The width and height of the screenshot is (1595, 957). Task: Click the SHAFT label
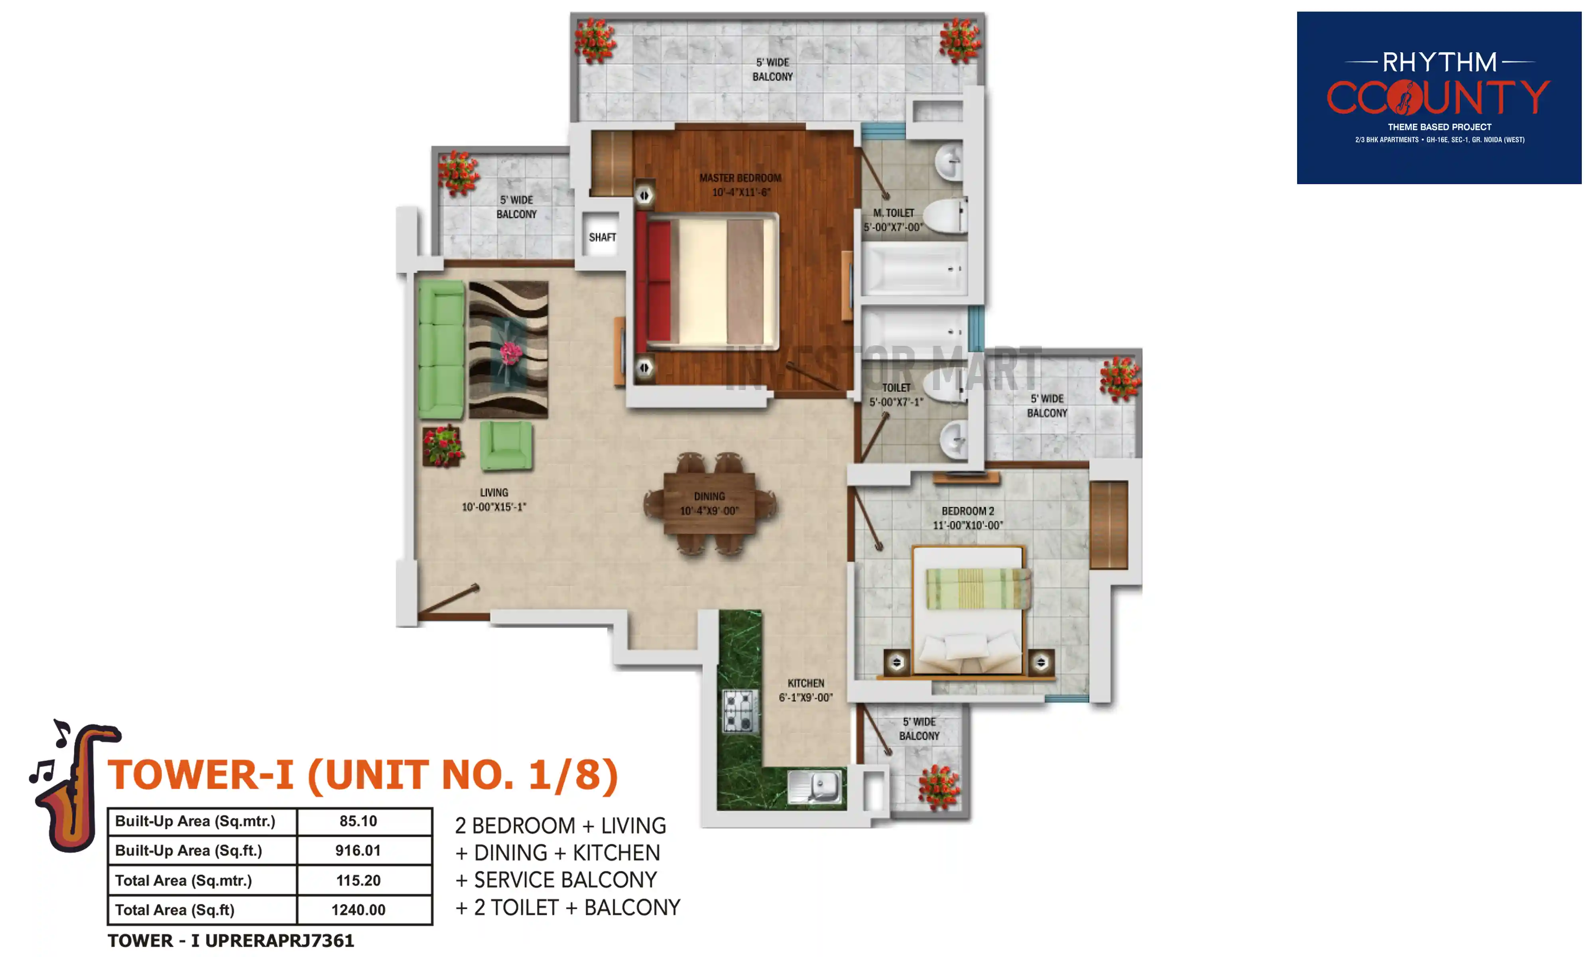click(602, 237)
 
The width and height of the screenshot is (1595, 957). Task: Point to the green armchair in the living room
click(506, 445)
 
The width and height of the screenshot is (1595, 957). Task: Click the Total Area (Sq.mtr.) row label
click(183, 880)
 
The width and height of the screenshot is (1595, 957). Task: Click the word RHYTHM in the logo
click(1439, 63)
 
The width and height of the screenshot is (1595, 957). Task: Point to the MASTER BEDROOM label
click(740, 178)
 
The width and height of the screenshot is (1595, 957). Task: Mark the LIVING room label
click(494, 493)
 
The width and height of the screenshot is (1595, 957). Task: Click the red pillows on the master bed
click(658, 281)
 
